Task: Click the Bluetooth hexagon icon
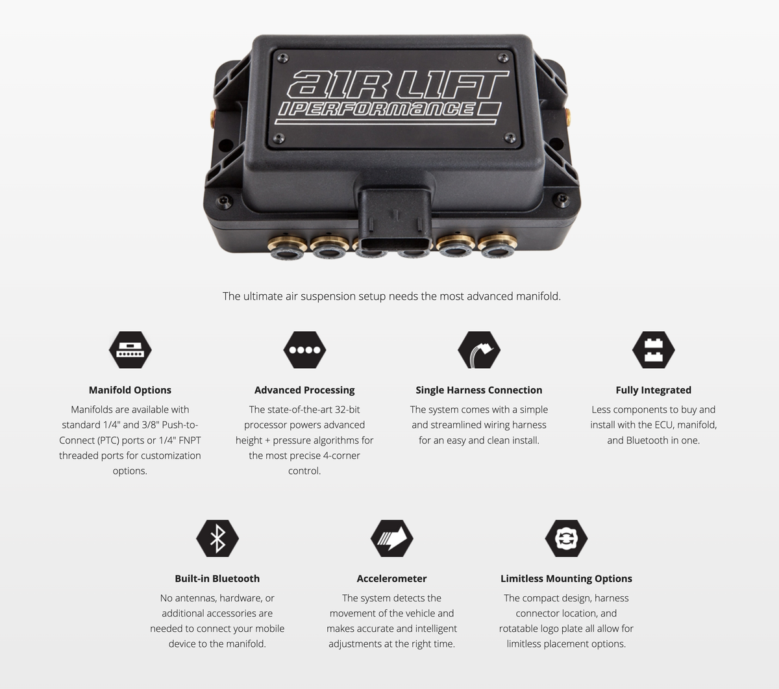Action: [217, 538]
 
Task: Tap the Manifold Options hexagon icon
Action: [130, 349]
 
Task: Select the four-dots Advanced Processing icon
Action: [304, 349]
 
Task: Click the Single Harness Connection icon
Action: [479, 349]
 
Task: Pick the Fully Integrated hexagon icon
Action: [654, 349]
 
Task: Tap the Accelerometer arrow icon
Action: [392, 538]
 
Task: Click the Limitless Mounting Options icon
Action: [566, 538]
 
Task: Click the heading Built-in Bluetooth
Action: [217, 579]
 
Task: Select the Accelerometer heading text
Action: [392, 579]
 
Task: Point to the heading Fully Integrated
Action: [654, 390]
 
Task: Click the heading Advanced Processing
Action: [304, 390]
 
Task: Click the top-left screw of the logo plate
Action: [283, 58]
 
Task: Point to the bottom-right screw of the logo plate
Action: [510, 138]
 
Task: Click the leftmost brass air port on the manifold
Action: [287, 246]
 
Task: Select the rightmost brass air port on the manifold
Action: [498, 245]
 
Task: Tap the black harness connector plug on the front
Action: [395, 218]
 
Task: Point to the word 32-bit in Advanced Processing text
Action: [347, 409]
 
